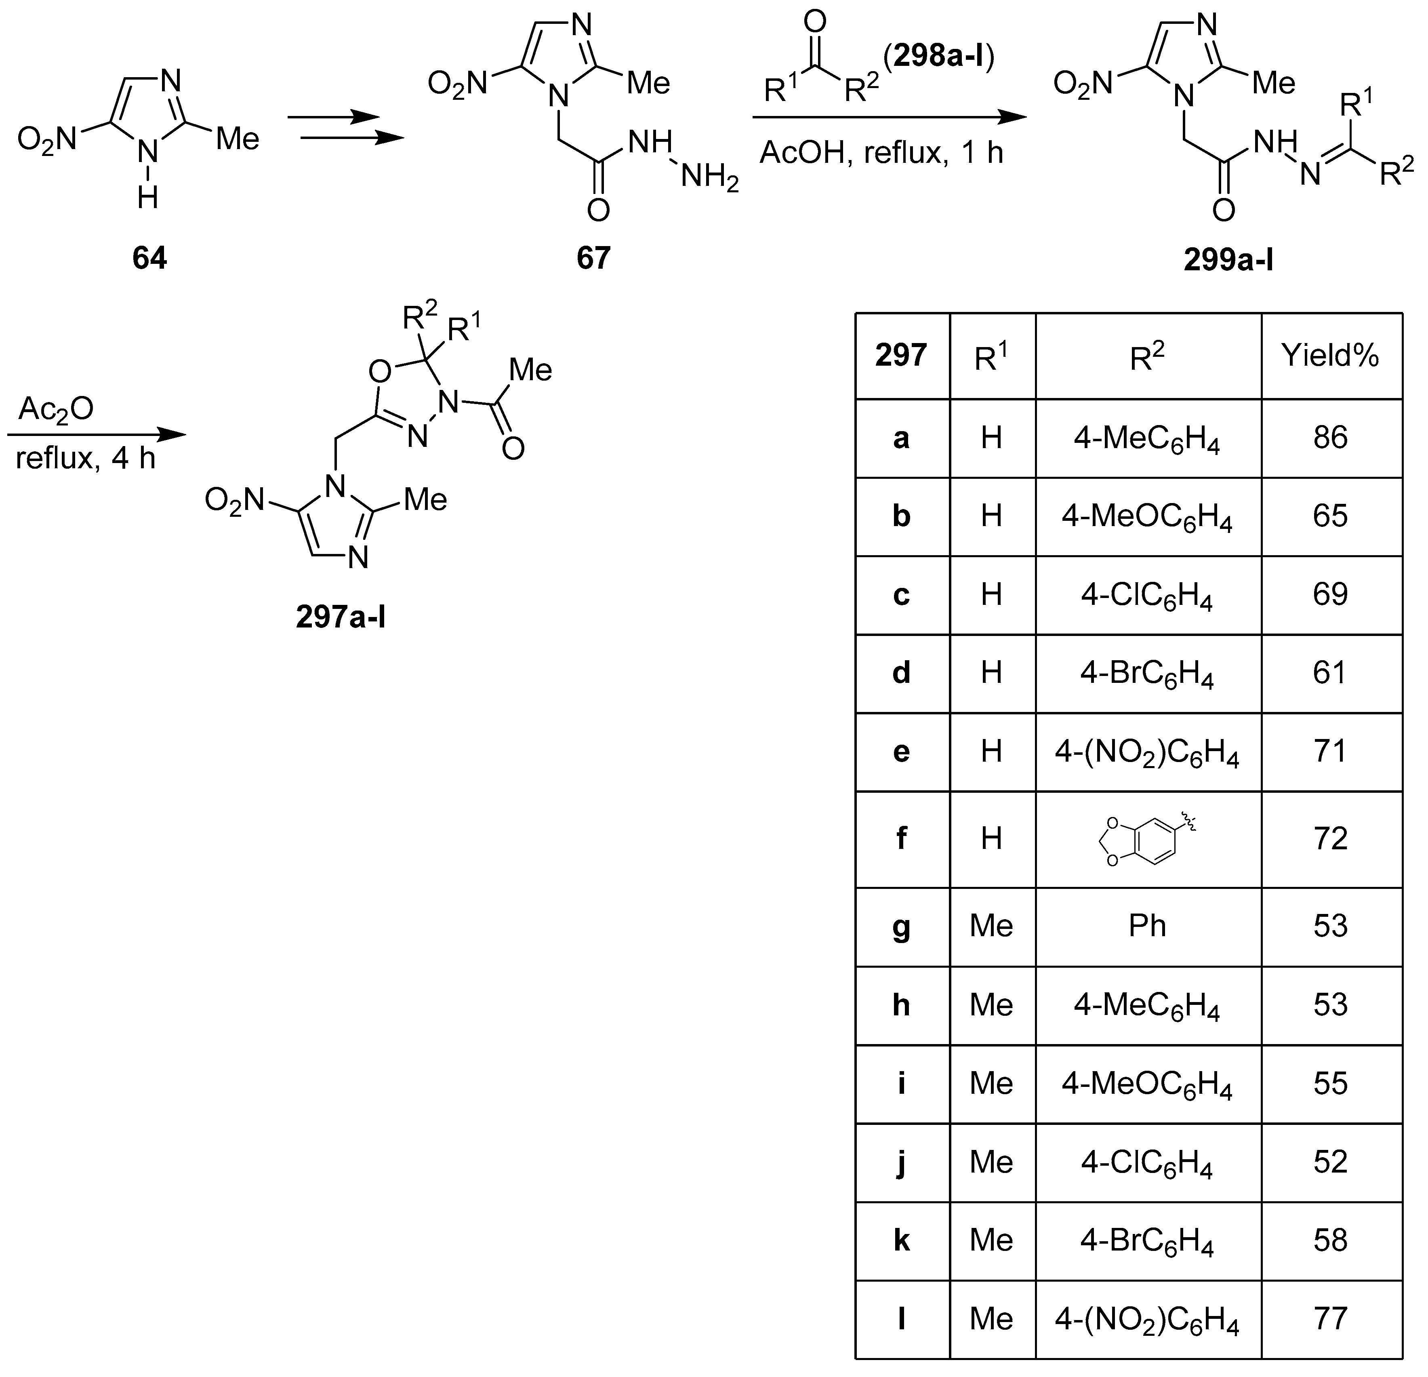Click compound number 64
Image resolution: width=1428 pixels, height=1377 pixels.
[x=149, y=258]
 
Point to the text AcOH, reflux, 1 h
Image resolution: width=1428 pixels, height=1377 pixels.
[x=881, y=153]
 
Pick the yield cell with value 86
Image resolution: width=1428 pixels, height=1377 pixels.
[x=1330, y=438]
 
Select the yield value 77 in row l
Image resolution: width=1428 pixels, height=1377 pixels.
[x=1330, y=1318]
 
